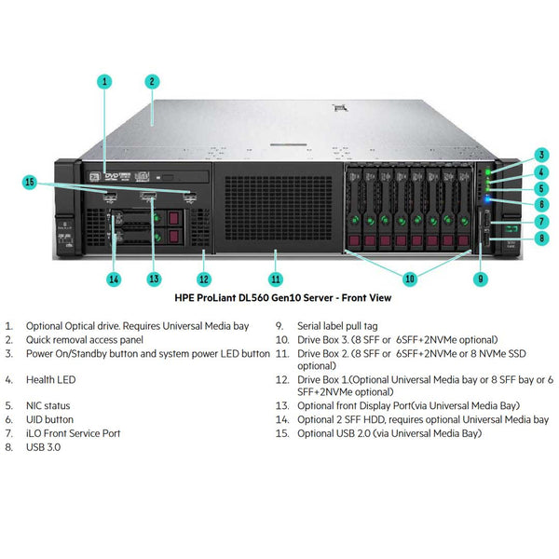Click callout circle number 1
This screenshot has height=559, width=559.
(x=105, y=81)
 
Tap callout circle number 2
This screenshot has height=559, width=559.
(x=152, y=81)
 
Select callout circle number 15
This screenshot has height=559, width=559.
(x=30, y=183)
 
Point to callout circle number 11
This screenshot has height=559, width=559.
(x=276, y=278)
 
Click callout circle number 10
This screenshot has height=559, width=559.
(x=410, y=278)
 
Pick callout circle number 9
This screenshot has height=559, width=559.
(x=481, y=278)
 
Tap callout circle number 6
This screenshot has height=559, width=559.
(x=541, y=204)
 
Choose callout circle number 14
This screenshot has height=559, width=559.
(x=114, y=278)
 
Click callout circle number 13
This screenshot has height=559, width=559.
(x=154, y=278)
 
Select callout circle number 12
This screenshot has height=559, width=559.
(x=204, y=278)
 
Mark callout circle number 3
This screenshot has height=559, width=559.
(x=541, y=155)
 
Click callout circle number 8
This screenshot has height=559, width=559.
(x=541, y=238)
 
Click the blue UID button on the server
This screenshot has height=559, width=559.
(x=487, y=198)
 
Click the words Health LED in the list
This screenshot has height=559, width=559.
(x=51, y=380)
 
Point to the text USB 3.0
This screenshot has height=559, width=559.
(x=45, y=447)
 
